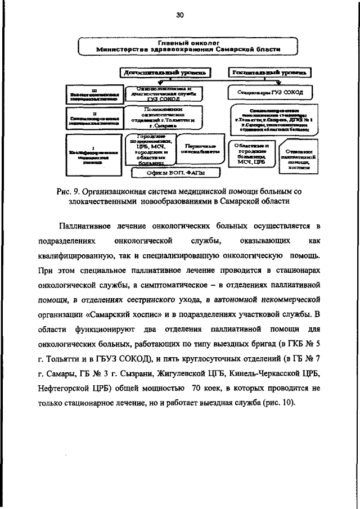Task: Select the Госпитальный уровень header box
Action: point(269,73)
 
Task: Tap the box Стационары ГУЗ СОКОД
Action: point(268,92)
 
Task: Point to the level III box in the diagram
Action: point(93,94)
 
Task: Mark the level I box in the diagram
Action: point(93,152)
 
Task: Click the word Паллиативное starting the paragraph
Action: point(88,226)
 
